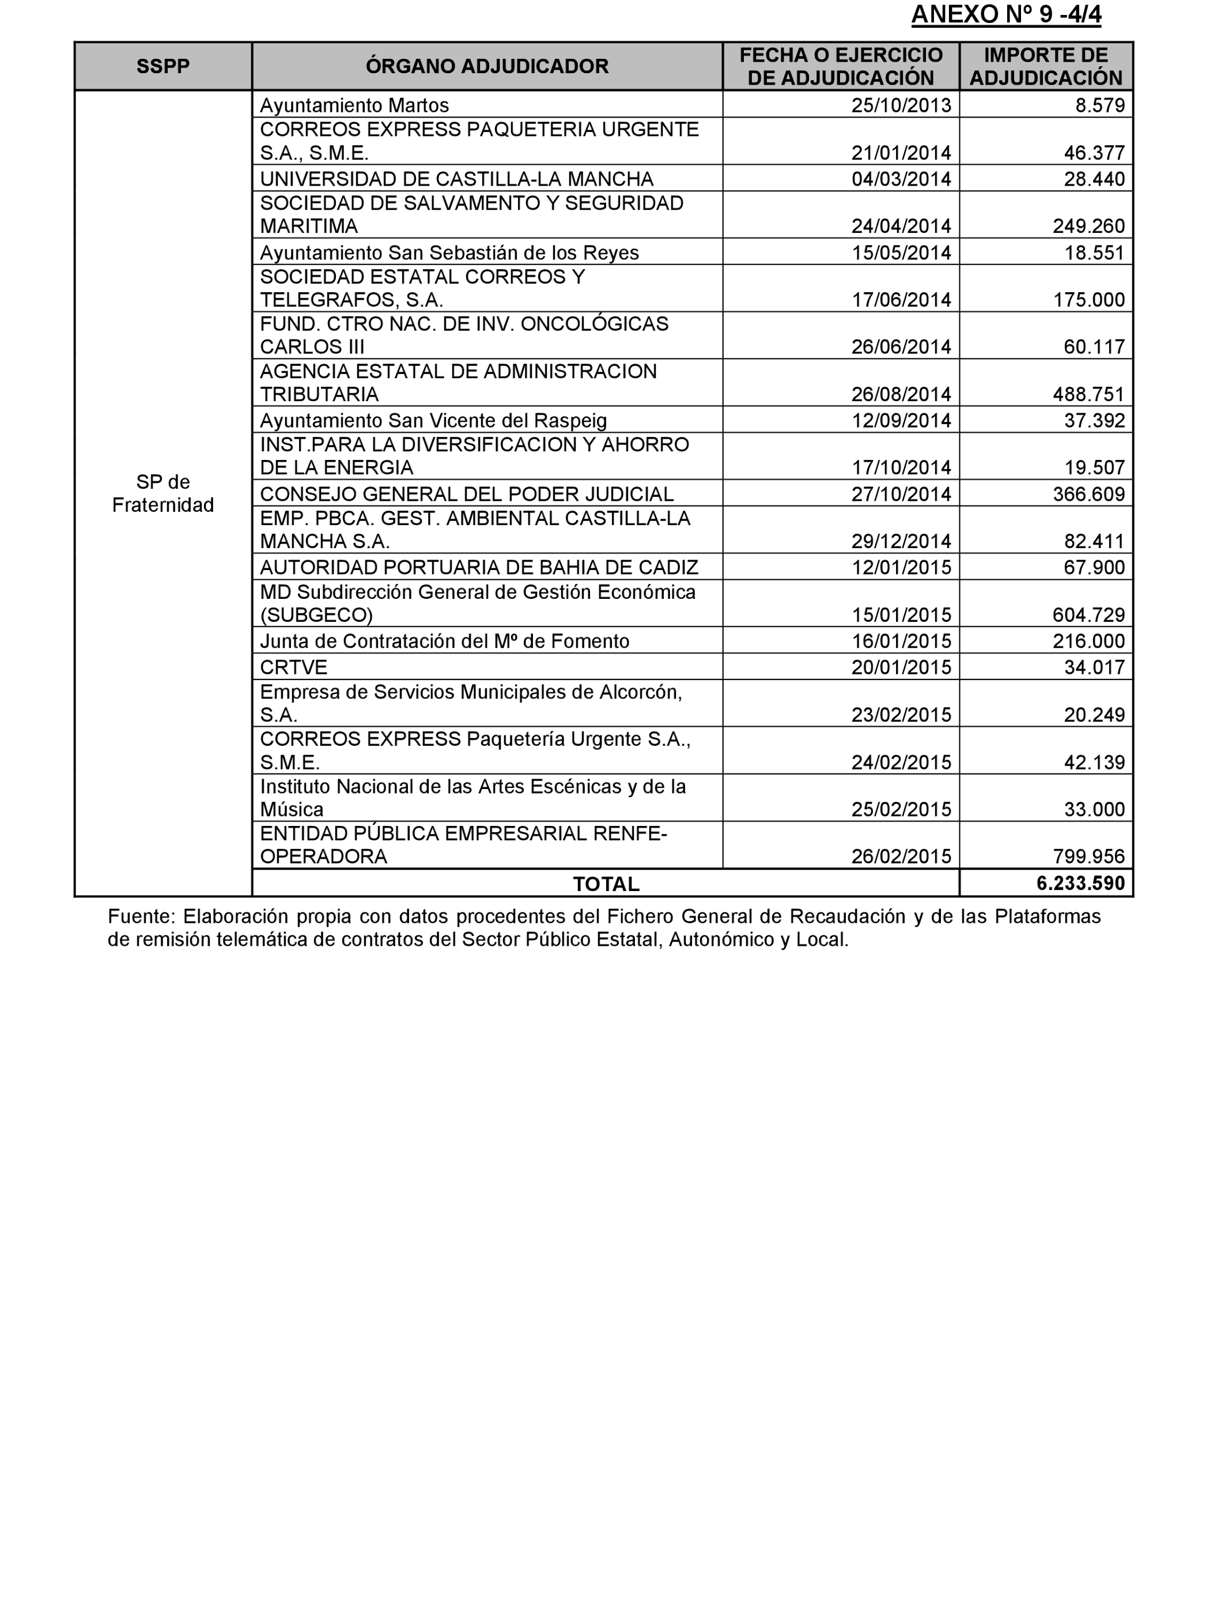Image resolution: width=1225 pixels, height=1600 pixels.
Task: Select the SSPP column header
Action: [162, 66]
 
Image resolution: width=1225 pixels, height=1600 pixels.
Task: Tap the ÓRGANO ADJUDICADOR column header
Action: [486, 66]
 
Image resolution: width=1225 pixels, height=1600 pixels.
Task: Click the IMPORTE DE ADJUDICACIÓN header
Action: [1046, 66]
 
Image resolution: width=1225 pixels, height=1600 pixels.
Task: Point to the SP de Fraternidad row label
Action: [162, 494]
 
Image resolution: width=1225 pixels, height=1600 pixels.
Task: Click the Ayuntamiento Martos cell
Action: [354, 105]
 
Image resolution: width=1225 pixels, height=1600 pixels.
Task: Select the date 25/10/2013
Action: [901, 105]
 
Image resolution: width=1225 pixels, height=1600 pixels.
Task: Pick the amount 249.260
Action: [1088, 226]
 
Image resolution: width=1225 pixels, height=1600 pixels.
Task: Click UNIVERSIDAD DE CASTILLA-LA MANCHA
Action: [456, 179]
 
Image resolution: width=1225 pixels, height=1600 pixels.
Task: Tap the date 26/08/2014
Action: [901, 395]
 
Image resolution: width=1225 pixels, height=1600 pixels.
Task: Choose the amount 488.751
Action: [1088, 395]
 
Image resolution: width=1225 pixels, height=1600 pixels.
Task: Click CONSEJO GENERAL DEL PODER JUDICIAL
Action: [467, 495]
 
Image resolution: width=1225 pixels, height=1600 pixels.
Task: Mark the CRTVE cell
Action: [294, 667]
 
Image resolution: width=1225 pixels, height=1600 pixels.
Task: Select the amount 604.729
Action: [1088, 615]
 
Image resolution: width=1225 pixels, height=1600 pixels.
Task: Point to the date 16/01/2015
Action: [901, 641]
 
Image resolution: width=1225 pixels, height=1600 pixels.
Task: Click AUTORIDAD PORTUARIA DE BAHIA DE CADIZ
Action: [479, 567]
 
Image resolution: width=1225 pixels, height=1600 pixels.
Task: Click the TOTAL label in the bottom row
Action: [606, 884]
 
